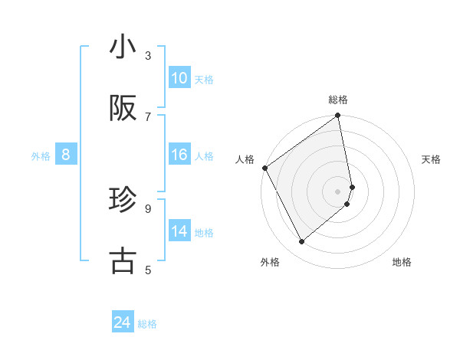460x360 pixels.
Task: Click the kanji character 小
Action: [x=123, y=47]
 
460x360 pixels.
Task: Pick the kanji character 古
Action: [x=123, y=260]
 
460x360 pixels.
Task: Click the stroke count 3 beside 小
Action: [x=148, y=56]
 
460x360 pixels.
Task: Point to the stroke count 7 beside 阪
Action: [x=148, y=116]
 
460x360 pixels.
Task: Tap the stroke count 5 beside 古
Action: [x=148, y=270]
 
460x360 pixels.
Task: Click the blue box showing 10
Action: [x=179, y=78]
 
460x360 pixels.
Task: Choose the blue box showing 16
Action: [x=179, y=155]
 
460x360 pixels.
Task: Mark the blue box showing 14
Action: [x=179, y=231]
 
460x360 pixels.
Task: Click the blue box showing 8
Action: [x=66, y=155]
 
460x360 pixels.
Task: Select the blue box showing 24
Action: [x=123, y=323]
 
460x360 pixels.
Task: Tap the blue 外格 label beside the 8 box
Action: [x=41, y=155]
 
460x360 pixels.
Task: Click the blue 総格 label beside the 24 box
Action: [x=147, y=324]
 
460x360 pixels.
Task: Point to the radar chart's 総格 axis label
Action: [x=338, y=100]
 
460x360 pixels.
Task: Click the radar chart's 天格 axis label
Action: [x=431, y=159]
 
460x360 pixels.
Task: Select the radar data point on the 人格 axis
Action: [x=264, y=168]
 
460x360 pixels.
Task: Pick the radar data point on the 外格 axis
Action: [x=301, y=242]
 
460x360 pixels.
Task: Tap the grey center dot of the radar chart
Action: [x=338, y=191]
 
